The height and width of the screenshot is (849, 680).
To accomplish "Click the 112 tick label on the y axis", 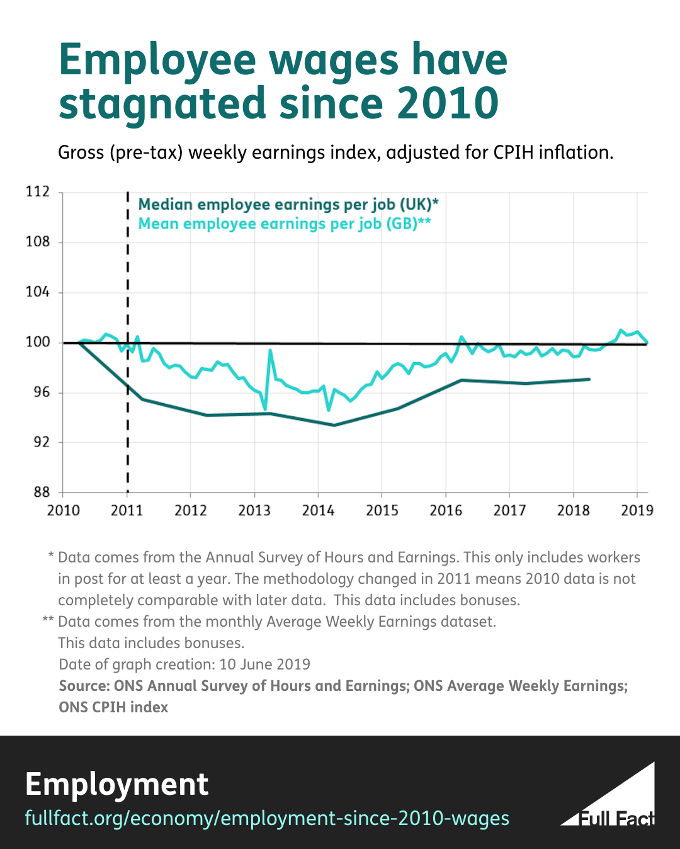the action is point(38,191).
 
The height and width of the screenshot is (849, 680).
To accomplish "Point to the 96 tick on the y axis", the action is point(42,392).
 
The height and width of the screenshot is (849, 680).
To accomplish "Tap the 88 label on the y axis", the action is point(42,493).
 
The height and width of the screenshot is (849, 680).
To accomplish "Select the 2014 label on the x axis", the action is point(318,511).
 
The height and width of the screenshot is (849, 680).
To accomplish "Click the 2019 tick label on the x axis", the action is point(637,511).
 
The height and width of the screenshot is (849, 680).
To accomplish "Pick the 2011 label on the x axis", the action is point(127,511).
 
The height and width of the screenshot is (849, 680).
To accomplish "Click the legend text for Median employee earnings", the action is point(288,205).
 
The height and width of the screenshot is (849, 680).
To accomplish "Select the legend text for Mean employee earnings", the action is point(285,224).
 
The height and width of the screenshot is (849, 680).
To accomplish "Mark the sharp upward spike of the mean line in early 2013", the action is point(270,350).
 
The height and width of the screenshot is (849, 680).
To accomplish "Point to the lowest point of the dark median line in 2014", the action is point(334,425).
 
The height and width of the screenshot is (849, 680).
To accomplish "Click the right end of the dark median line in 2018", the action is point(589,379).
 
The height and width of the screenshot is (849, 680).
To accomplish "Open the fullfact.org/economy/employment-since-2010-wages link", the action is point(267,818).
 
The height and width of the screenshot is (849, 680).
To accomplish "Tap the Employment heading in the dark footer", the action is point(116,784).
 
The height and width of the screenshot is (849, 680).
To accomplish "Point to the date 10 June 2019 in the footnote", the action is point(264,664).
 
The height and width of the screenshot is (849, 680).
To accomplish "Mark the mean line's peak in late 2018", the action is point(620,330).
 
